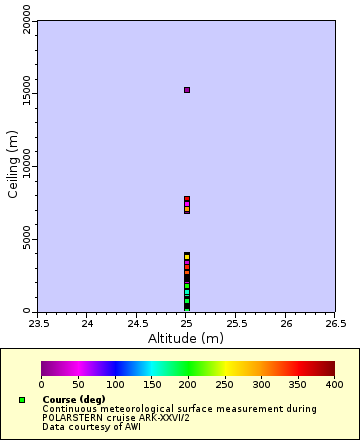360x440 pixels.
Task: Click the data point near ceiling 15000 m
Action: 187,90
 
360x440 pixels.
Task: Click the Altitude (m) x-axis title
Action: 186,338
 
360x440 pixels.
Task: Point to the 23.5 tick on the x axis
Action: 38,324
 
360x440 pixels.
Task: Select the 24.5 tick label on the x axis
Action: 137,324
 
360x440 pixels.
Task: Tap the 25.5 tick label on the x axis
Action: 236,324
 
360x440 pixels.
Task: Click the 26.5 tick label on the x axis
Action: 335,324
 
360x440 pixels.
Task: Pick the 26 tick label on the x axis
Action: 286,324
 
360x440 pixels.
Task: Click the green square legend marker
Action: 22,400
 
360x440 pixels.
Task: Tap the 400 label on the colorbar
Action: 334,384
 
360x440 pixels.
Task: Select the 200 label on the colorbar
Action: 188,384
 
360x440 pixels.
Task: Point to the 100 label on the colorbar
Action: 114,384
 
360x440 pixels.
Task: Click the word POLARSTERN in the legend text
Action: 73,417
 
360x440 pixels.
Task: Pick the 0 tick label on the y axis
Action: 28,310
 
